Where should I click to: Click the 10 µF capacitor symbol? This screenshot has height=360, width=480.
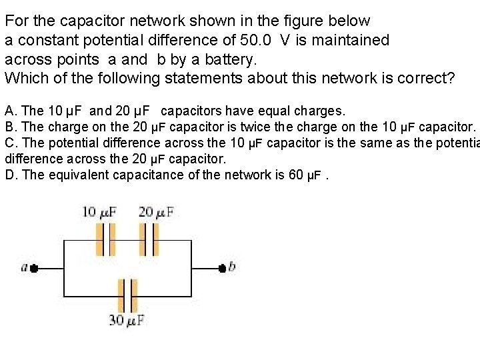tap(105, 239)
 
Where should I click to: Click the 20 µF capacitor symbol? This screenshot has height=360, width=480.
tap(148, 239)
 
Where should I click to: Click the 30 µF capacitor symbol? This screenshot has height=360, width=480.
tap(127, 295)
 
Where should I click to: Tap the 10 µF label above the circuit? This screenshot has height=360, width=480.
tap(99, 212)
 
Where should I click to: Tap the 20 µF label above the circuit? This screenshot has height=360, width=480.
tap(157, 212)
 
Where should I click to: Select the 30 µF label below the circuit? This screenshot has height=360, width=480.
tap(127, 321)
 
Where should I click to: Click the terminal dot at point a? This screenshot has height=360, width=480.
tap(34, 268)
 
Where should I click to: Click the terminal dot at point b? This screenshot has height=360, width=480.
tap(222, 268)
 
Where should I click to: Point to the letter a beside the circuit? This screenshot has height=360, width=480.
tap(25, 268)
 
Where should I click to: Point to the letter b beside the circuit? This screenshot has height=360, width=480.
tap(232, 267)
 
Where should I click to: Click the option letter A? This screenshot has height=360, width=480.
tap(9, 109)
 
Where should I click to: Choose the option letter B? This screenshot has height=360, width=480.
tap(9, 126)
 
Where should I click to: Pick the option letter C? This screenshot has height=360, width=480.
tap(9, 143)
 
